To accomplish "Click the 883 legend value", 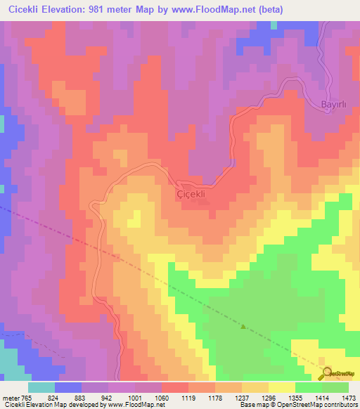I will pos(91,397).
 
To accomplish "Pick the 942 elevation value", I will pos(118,397).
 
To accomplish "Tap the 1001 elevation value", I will pos(145,397).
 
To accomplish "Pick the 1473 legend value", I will pos(349,397).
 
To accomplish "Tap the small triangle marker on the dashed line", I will pos(244,327).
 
